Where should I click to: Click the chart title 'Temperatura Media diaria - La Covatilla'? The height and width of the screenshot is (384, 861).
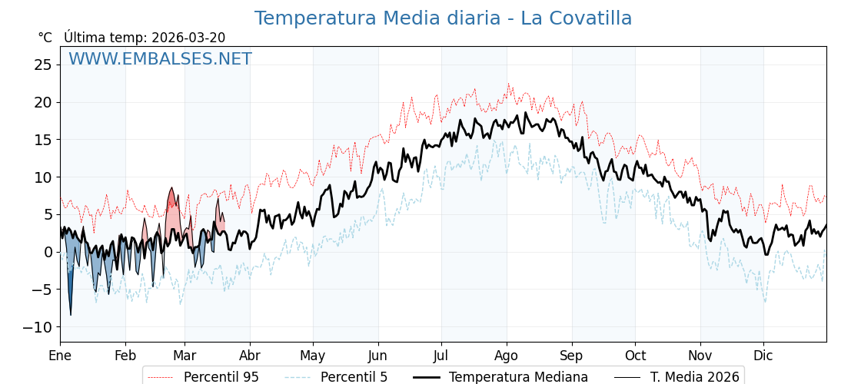[x=443, y=18]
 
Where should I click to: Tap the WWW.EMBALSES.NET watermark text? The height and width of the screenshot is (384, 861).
[x=160, y=59]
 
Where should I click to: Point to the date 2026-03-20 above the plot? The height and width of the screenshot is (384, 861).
[x=188, y=38]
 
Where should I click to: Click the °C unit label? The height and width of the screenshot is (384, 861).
[x=45, y=38]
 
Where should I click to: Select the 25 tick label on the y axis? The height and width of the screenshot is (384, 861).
[x=42, y=65]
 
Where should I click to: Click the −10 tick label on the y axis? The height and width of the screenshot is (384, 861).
[x=38, y=327]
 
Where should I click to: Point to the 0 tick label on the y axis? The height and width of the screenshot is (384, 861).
[x=48, y=252]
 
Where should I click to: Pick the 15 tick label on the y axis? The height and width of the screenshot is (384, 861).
[x=42, y=140]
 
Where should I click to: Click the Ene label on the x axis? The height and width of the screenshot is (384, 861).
[x=60, y=356]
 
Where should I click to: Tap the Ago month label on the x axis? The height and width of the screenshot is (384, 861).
[x=507, y=356]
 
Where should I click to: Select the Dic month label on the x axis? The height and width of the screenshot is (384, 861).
[x=763, y=356]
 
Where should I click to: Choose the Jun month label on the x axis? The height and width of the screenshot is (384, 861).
[x=377, y=356]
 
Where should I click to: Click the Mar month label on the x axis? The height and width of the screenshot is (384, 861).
[x=184, y=356]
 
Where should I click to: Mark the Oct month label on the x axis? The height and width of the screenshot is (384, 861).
[x=635, y=356]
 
